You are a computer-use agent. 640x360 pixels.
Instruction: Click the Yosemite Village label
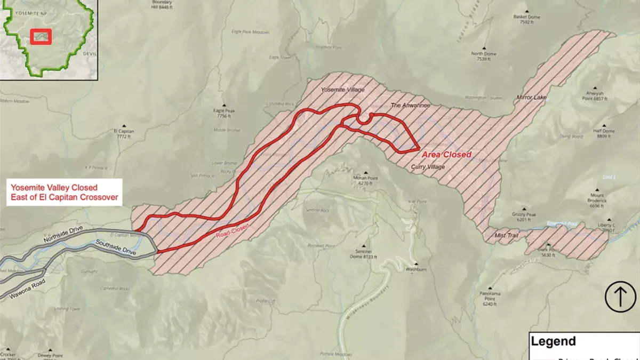coord(342,90)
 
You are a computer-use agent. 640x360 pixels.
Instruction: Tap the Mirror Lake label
coord(532,98)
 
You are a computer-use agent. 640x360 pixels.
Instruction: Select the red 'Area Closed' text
coord(446,155)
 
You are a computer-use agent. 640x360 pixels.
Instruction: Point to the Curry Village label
coord(428,167)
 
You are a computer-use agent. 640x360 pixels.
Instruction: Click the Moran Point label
coord(365,180)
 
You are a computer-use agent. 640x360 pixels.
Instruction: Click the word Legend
coord(553,341)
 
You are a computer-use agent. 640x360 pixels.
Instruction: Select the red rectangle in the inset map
coord(41,36)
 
